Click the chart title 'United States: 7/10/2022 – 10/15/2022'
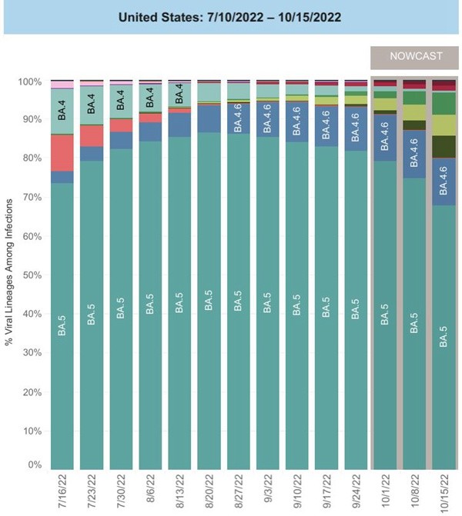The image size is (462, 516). (x=230, y=16)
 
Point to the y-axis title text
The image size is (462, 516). (x=10, y=273)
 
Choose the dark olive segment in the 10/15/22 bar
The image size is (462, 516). (x=443, y=146)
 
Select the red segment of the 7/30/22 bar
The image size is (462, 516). (x=121, y=125)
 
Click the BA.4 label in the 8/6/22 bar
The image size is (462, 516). (x=150, y=98)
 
